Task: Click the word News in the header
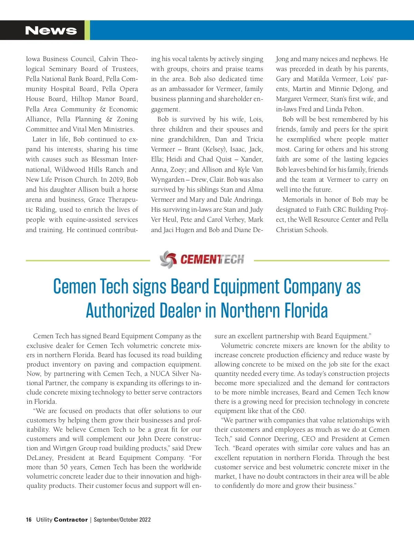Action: pos(51,30)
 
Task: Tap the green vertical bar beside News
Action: pos(87,30)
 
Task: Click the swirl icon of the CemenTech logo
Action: pos(168,260)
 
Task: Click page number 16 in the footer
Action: pos(29,520)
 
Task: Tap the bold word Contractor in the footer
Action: pos(71,520)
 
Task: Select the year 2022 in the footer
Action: pos(145,520)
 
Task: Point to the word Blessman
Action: pos(105,159)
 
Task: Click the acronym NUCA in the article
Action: pos(160,374)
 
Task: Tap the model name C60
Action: pos(298,411)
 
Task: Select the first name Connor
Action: pos(260,439)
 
